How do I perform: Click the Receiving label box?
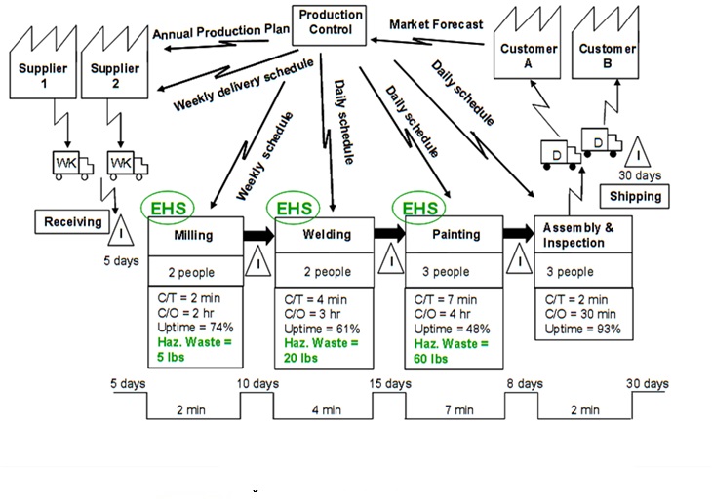pos(72,222)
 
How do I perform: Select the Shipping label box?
pos(635,196)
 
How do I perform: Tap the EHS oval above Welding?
pos(295,208)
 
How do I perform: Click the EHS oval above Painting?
pos(420,208)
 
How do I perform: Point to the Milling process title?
pos(193,235)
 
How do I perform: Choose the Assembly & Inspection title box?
pos(583,235)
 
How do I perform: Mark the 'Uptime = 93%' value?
pos(582,330)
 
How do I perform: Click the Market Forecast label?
pos(436,24)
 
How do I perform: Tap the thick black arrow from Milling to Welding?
pos(258,235)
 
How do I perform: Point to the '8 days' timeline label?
pos(525,384)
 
